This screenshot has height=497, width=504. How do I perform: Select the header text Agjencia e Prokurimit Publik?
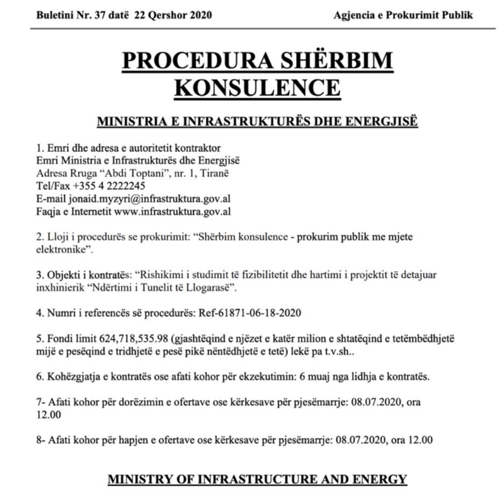tap(403, 15)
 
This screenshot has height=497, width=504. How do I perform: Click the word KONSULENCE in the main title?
tap(257, 87)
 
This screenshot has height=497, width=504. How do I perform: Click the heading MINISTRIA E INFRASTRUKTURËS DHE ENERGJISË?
tap(257, 122)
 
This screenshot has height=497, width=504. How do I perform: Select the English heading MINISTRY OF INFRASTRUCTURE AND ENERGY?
tap(257, 478)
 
